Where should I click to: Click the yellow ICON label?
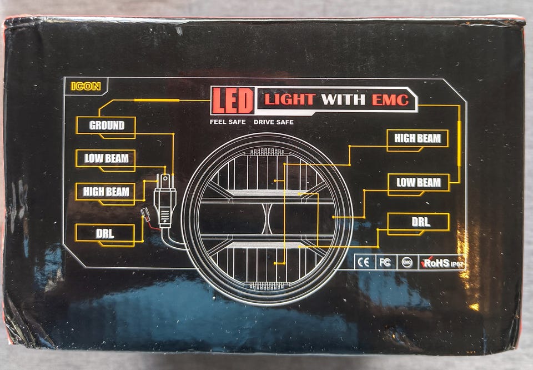point(86,86)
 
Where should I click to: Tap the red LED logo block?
point(233,101)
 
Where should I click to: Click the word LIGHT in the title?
point(290,99)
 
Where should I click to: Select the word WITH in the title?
point(343,99)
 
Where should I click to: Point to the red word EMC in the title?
point(390,99)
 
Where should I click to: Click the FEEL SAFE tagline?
point(228,122)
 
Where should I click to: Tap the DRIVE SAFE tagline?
point(274,122)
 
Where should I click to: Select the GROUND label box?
point(106,126)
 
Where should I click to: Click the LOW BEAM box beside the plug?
point(105,158)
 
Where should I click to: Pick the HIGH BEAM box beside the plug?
point(105,192)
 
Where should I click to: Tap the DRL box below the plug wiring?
point(105,234)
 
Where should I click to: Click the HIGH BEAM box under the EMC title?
point(418,138)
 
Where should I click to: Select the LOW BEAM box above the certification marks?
point(419,183)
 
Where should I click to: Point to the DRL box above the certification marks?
point(419,222)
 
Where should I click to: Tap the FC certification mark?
point(385,262)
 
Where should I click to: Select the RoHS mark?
point(442,263)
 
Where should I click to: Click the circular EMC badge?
point(406,262)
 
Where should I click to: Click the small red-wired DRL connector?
point(145,215)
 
